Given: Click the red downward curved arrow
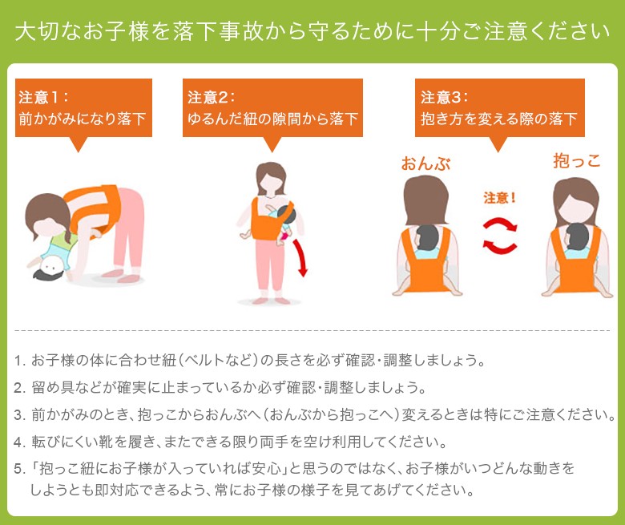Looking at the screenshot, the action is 301,257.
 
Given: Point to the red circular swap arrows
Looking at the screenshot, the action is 499,236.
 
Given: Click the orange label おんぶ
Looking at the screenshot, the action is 425,164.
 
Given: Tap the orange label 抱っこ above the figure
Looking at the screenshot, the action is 577,160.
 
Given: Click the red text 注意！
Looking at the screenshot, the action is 499,197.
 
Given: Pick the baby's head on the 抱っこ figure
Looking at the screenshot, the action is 577,236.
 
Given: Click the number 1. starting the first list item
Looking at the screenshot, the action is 19,361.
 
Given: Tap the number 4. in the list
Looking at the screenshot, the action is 19,442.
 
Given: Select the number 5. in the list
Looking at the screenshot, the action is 19,469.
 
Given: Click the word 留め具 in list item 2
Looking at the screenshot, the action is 53,387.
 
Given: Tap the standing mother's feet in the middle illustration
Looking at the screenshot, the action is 271,300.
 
